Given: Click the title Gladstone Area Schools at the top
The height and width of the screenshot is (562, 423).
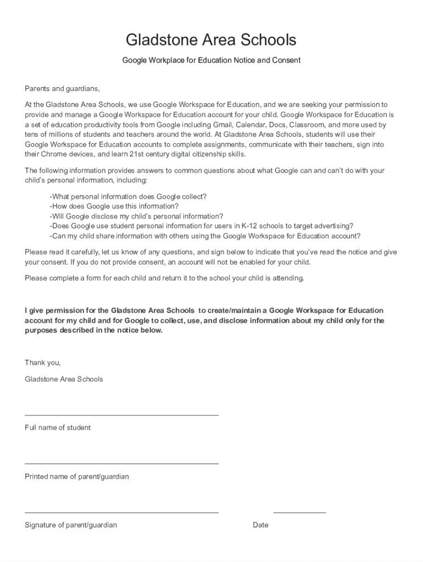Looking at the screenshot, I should pyautogui.click(x=211, y=40).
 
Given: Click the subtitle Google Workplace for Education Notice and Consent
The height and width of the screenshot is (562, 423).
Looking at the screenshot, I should pyautogui.click(x=211, y=60).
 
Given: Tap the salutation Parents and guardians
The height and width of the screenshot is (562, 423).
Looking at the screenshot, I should pyautogui.click(x=62, y=89).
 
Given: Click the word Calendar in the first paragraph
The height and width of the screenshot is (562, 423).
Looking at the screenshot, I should pyautogui.click(x=251, y=125).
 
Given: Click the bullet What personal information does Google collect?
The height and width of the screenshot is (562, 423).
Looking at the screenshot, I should pyautogui.click(x=128, y=196).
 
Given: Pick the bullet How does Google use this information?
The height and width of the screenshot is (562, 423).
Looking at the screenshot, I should pyautogui.click(x=114, y=206).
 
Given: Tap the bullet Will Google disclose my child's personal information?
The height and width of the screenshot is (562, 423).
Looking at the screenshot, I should pyautogui.click(x=136, y=216).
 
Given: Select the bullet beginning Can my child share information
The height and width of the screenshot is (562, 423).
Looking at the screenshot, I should pyautogui.click(x=205, y=236).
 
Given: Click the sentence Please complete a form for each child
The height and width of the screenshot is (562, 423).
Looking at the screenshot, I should pyautogui.click(x=164, y=278).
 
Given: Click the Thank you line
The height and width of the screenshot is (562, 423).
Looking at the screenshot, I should pyautogui.click(x=42, y=362).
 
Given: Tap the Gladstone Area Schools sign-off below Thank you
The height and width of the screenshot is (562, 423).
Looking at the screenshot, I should pyautogui.click(x=64, y=379).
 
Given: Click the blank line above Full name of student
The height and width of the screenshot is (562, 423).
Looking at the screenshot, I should pyautogui.click(x=121, y=415).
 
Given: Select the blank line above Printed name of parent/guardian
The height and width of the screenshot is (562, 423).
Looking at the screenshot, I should pyautogui.click(x=121, y=464).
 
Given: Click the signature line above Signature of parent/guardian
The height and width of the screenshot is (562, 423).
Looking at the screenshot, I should pyautogui.click(x=121, y=513).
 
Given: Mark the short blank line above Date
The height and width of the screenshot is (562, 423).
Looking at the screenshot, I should pyautogui.click(x=299, y=513).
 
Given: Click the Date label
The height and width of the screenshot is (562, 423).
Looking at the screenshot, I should pyautogui.click(x=260, y=525).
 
